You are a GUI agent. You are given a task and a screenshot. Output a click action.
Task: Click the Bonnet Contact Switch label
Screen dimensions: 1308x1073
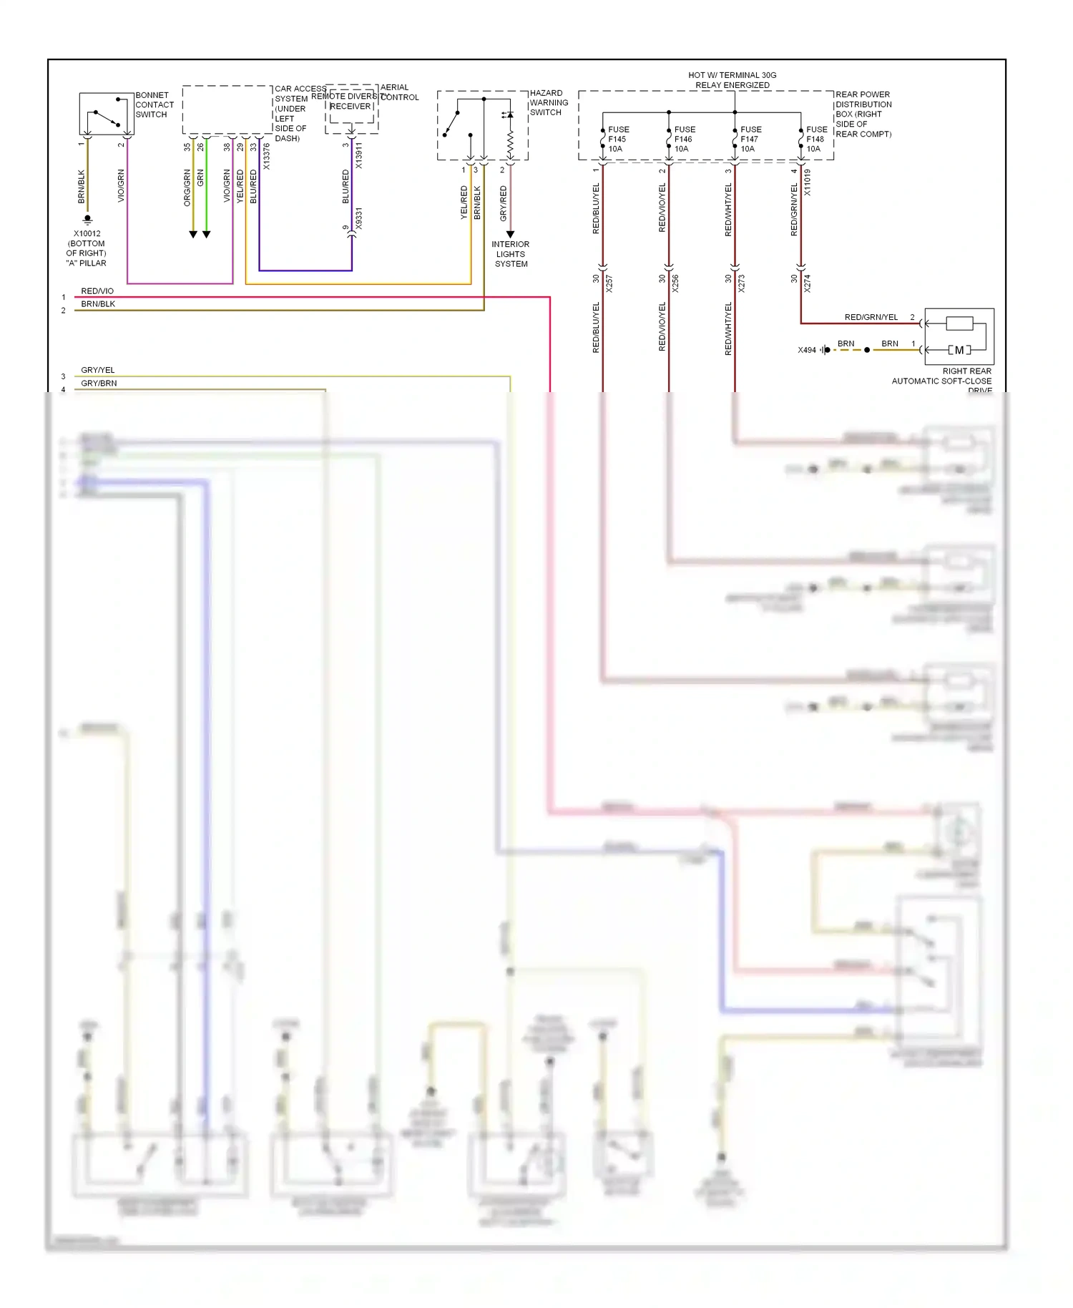[154, 104]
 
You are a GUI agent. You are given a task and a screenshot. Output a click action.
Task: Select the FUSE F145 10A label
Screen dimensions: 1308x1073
[617, 139]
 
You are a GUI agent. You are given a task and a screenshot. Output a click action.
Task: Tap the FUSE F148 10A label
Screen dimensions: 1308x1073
[816, 139]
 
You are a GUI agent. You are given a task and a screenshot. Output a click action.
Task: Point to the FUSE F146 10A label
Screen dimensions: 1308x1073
[684, 139]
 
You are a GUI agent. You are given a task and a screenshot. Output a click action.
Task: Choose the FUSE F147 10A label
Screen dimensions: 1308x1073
[750, 139]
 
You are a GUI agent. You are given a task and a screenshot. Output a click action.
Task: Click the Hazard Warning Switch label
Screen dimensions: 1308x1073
[548, 102]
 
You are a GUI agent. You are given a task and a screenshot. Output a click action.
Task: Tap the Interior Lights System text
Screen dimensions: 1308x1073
[511, 254]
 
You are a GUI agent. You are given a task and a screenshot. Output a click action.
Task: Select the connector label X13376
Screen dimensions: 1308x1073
[266, 157]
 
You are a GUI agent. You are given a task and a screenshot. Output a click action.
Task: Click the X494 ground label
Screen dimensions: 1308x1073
[807, 350]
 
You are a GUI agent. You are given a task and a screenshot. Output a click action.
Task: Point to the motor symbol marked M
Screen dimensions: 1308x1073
[959, 350]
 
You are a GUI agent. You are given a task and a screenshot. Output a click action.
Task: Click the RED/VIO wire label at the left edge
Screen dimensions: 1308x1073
[97, 291]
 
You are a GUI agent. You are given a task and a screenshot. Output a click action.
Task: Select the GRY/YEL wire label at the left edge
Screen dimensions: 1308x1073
[98, 370]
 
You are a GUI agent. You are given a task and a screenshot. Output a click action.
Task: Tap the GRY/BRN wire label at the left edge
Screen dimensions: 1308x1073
[99, 383]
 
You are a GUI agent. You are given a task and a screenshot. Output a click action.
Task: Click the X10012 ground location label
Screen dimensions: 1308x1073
[87, 248]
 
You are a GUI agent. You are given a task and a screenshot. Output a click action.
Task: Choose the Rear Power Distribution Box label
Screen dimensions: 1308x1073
[863, 114]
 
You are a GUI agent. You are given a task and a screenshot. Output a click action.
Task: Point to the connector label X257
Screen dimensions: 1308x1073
[609, 283]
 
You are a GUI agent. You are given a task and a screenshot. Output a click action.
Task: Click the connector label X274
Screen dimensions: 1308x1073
[807, 283]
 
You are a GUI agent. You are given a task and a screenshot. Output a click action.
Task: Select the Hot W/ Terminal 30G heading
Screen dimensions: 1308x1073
[732, 79]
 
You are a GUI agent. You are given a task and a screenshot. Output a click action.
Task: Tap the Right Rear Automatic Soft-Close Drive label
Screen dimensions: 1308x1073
[942, 380]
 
